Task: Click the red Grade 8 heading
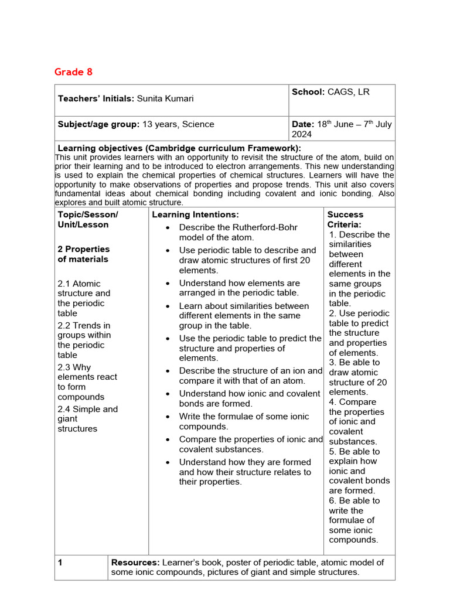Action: pyautogui.click(x=73, y=72)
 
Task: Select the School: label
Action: pyautogui.click(x=308, y=92)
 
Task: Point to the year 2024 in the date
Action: pyautogui.click(x=302, y=134)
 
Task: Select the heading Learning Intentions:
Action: pyautogui.click(x=195, y=215)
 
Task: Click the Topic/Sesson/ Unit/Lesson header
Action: pyautogui.click(x=87, y=220)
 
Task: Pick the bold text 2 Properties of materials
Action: pyautogui.click(x=83, y=254)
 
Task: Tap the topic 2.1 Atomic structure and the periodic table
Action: pyautogui.click(x=84, y=298)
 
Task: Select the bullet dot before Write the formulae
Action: pyautogui.click(x=168, y=417)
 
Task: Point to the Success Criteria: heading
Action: pyautogui.click(x=345, y=220)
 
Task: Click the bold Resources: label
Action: pyautogui.click(x=135, y=562)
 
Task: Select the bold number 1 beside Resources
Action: pyautogui.click(x=60, y=562)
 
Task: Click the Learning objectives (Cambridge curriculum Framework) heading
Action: pyautogui.click(x=179, y=148)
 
